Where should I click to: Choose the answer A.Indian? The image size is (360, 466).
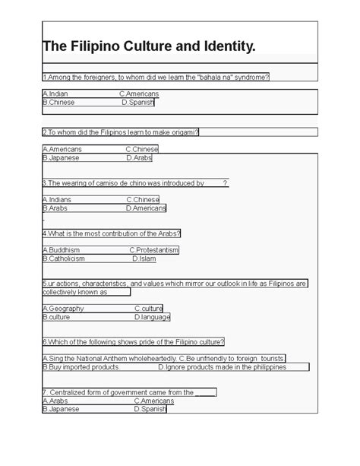[57, 94]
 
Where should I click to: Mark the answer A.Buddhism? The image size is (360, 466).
[62, 249]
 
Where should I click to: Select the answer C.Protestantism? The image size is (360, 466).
[153, 249]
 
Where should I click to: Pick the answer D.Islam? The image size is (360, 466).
[144, 258]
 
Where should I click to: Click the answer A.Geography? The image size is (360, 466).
[63, 309]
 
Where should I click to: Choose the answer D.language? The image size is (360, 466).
[152, 317]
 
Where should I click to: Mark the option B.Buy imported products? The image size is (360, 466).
[81, 367]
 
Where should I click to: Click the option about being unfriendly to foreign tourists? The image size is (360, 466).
[232, 358]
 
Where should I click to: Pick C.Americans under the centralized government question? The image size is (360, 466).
[154, 401]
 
